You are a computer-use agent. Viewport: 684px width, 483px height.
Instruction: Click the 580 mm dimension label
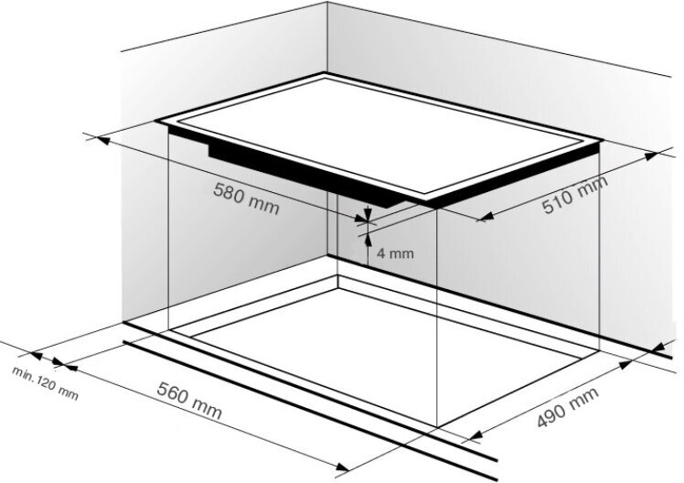click(x=246, y=199)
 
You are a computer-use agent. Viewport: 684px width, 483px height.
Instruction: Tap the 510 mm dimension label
click(x=575, y=195)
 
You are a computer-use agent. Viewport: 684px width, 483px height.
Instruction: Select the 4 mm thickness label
click(x=395, y=253)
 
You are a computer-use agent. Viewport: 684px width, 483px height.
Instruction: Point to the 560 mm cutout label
click(x=189, y=401)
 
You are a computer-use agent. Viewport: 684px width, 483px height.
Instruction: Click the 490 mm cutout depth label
click(x=568, y=407)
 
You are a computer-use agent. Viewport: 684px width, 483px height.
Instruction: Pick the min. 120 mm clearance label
click(x=46, y=383)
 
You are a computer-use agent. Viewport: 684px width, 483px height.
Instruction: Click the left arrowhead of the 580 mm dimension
click(x=103, y=141)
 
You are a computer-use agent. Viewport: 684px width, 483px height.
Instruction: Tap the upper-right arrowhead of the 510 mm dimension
click(x=652, y=156)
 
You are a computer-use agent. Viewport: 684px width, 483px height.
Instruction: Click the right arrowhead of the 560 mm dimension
click(x=342, y=467)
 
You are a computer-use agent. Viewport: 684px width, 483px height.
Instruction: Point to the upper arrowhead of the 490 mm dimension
click(x=626, y=365)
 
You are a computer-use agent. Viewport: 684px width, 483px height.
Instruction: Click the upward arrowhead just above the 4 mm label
click(x=368, y=240)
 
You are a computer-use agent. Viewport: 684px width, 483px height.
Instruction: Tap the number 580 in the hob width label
click(x=229, y=192)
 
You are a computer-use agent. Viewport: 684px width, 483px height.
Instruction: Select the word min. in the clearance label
click(x=23, y=374)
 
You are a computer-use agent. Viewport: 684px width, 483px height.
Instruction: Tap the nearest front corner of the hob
click(x=430, y=204)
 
